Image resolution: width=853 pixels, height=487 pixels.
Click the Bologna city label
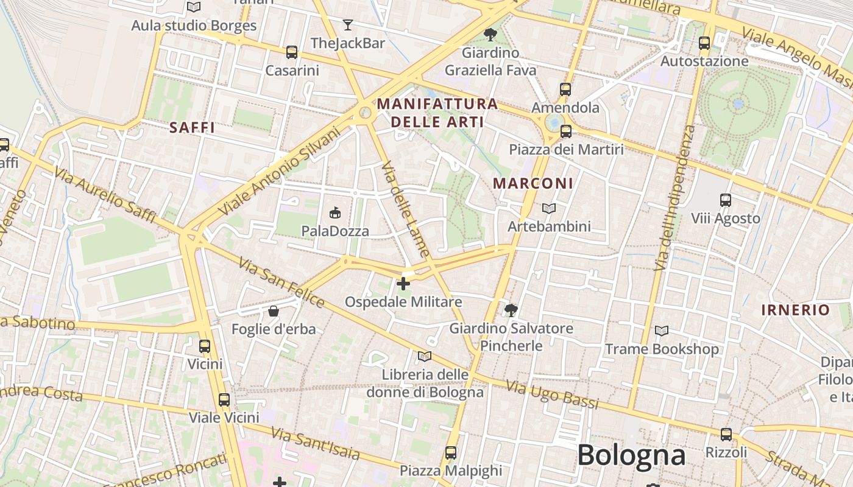(x=631, y=455)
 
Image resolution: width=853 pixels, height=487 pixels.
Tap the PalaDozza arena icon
(x=334, y=212)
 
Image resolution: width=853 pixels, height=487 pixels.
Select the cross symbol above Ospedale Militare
(x=403, y=284)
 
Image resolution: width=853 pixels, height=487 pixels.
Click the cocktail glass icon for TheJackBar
(x=347, y=25)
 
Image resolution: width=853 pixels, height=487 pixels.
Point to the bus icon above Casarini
(x=292, y=52)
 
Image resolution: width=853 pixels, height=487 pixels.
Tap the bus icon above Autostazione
(x=704, y=43)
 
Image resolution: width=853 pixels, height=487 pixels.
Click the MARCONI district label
(x=533, y=183)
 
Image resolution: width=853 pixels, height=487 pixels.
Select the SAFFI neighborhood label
(x=193, y=128)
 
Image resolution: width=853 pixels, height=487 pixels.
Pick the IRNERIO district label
(x=795, y=310)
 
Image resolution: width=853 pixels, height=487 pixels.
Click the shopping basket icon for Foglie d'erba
(x=274, y=311)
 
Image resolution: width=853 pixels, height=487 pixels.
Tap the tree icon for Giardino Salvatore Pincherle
(x=511, y=310)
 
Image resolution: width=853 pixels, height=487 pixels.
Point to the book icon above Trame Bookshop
(x=661, y=331)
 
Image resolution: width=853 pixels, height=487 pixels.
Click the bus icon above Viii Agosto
(x=725, y=200)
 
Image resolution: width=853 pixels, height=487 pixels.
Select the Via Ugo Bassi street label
(x=552, y=394)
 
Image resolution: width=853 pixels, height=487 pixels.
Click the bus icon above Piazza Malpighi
(x=451, y=453)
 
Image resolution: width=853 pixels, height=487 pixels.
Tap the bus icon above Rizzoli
(x=726, y=435)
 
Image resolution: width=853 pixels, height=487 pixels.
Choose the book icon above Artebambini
(x=549, y=209)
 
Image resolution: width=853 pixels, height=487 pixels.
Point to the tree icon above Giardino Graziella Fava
(x=490, y=35)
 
